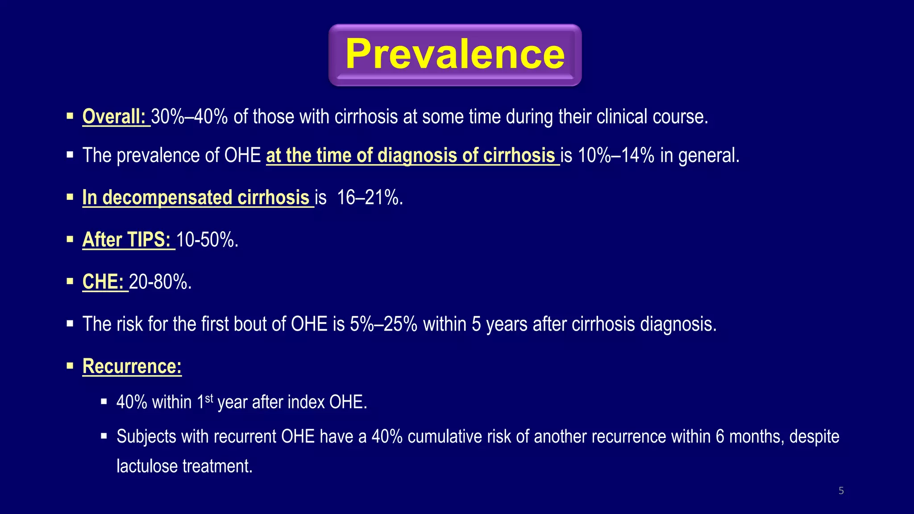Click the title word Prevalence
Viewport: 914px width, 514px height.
pos(455,54)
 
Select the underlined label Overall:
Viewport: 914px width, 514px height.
pos(114,117)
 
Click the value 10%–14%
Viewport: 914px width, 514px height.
pos(616,156)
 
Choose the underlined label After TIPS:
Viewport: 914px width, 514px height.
pos(127,240)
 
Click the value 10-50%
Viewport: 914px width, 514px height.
pos(207,240)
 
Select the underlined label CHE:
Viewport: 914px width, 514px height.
pos(103,282)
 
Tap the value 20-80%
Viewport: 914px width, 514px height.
pos(160,282)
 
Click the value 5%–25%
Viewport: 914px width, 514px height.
pos(383,324)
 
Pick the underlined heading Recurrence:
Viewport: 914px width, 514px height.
pos(132,366)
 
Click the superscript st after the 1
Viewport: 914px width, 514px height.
pos(209,397)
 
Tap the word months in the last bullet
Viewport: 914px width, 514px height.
pos(756,436)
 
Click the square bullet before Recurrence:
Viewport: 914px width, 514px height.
pos(70,366)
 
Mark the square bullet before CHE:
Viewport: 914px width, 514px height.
pos(70,282)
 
